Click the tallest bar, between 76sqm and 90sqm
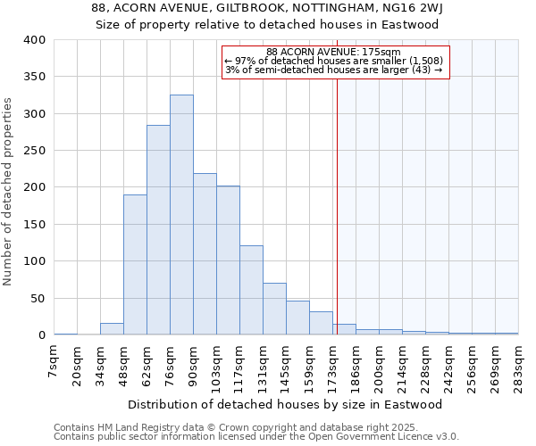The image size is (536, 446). point(181,215)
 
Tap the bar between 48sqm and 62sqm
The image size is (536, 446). point(135,265)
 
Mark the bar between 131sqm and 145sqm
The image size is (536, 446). point(274,309)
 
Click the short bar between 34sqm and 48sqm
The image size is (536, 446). point(112,329)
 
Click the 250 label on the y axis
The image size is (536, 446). point(34,151)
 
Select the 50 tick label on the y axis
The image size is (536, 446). point(38,299)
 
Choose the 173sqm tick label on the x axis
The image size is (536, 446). point(333,366)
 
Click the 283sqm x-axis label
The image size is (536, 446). point(519,366)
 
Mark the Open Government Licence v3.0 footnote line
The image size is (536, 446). point(256,436)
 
